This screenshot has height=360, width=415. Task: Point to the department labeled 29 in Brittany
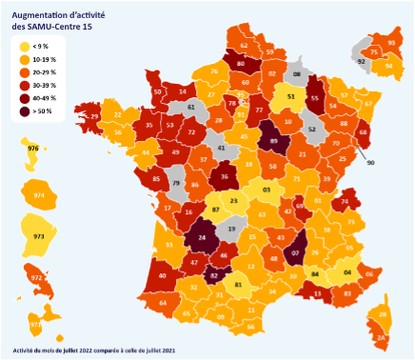pos(95,116)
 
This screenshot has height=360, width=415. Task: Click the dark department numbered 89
pos(274,141)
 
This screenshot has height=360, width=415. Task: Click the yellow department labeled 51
pos(290,96)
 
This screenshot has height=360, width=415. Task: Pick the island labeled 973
pos(39,235)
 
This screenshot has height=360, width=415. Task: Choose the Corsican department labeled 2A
pos(381,335)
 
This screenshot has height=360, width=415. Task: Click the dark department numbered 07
pos(296,252)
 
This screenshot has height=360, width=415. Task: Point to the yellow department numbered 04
pos(346,272)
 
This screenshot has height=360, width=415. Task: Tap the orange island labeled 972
pos(36,278)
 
